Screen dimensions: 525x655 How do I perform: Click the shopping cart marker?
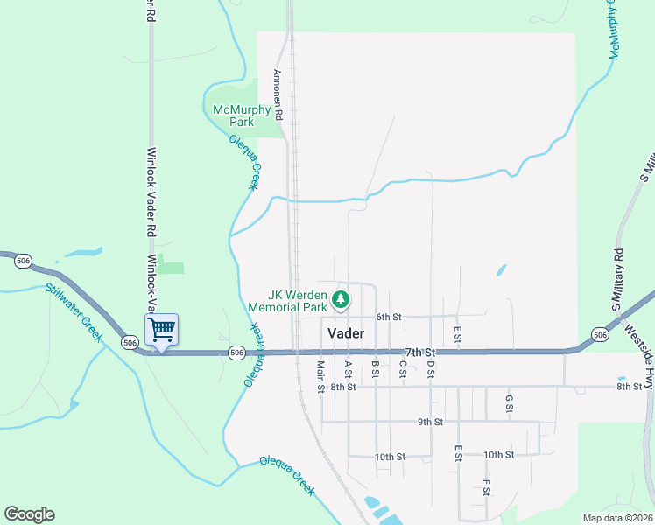pyautogui.click(x=161, y=330)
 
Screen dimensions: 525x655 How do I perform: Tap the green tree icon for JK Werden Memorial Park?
pyautogui.click(x=341, y=301)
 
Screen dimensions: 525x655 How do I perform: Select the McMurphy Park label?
pyautogui.click(x=242, y=115)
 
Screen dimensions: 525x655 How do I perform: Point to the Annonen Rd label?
pyautogui.click(x=278, y=94)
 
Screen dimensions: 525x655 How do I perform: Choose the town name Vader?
pyautogui.click(x=346, y=333)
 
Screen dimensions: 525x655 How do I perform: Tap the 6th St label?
pyautogui.click(x=388, y=317)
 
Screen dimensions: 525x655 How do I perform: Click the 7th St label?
pyautogui.click(x=417, y=352)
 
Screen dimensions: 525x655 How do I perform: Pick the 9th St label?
pyautogui.click(x=430, y=422)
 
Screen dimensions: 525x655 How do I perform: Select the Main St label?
pyautogui.click(x=321, y=376)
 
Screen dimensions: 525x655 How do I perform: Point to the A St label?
pyautogui.click(x=349, y=369)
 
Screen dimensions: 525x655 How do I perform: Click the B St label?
pyautogui.click(x=375, y=369)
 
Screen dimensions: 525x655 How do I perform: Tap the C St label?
pyautogui.click(x=402, y=369)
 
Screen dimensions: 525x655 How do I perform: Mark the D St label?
pyautogui.click(x=430, y=369)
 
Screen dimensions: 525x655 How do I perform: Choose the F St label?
pyautogui.click(x=486, y=486)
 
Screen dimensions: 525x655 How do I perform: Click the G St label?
pyautogui.click(x=509, y=402)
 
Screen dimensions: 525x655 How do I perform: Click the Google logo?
pyautogui.click(x=29, y=514)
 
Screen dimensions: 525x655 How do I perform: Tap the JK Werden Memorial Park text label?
pyautogui.click(x=287, y=301)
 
